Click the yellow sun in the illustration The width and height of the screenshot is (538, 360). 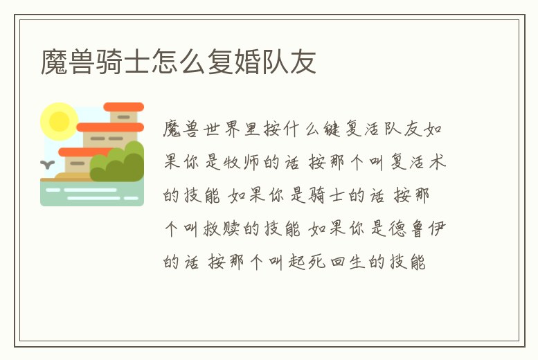coord(59,121)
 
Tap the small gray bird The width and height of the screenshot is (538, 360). coord(48,165)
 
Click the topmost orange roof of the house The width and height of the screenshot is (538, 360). coord(123,107)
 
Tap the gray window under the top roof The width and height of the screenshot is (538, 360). coord(123,118)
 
